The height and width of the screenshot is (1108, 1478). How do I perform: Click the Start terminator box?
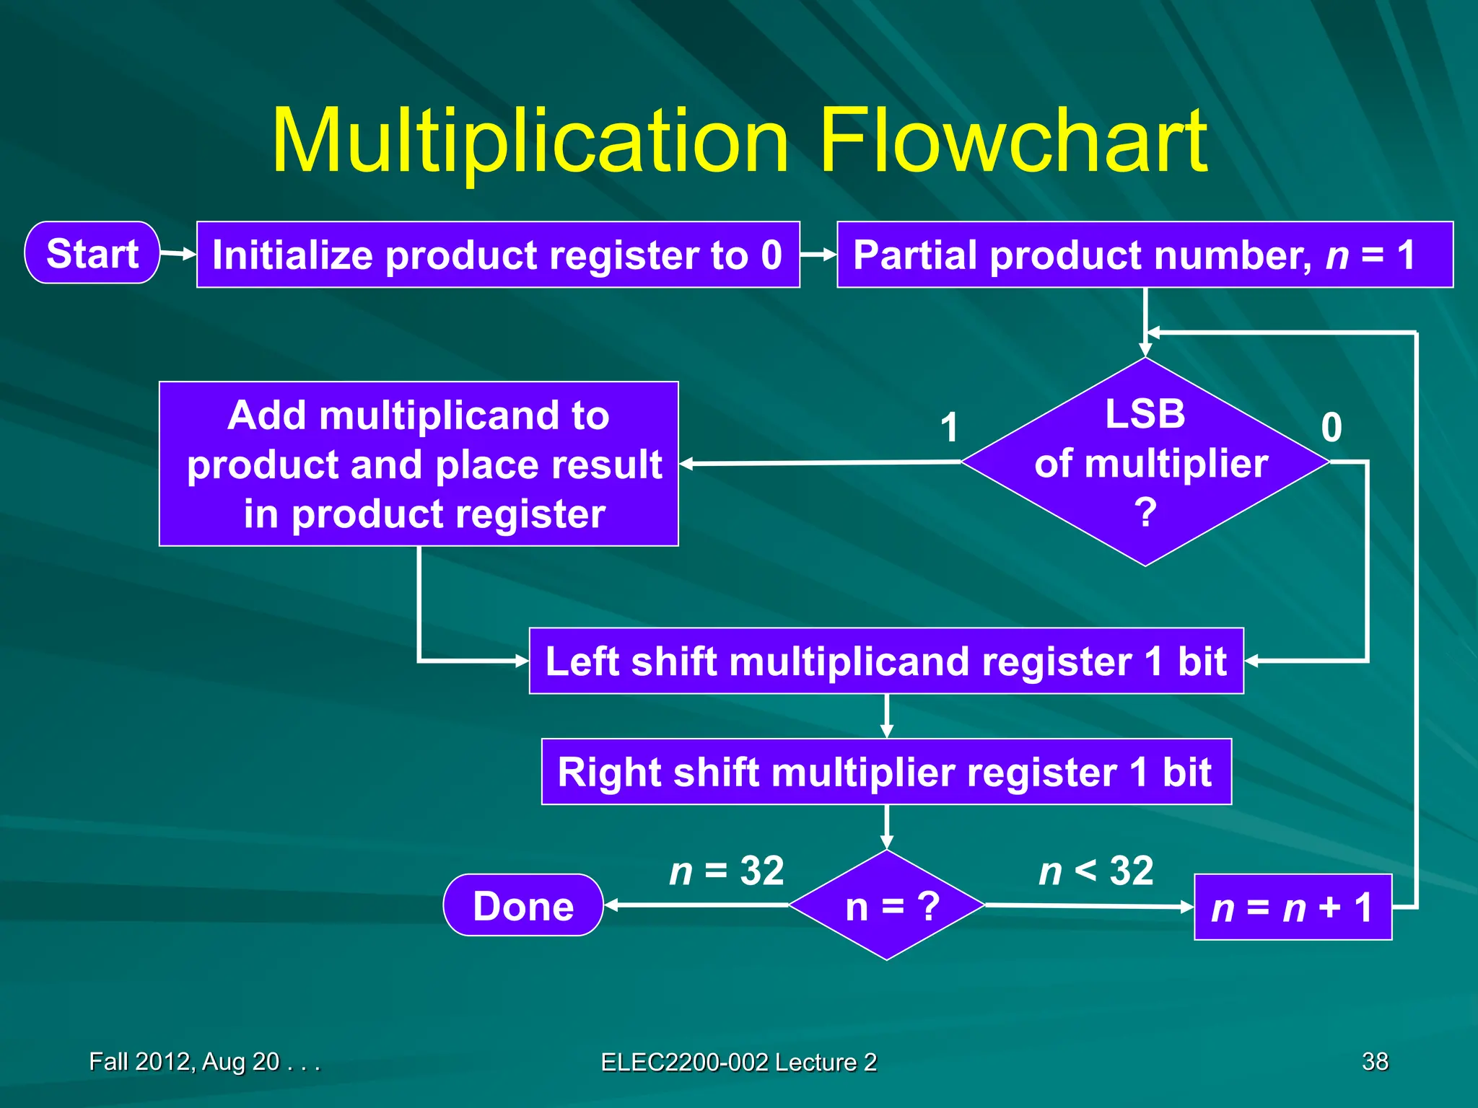pos(92,253)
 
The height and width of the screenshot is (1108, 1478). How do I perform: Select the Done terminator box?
pos(523,905)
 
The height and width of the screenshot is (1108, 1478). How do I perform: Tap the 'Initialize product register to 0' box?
pos(498,255)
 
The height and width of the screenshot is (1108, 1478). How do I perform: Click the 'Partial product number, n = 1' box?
pos(1145,255)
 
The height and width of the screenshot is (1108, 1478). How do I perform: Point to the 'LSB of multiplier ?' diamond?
pos(1145,462)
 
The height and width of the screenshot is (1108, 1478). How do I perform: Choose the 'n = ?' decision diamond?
pos(887,905)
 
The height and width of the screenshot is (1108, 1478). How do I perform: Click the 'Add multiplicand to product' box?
pos(419,464)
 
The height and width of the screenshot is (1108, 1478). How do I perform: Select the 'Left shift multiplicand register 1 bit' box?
pos(886,661)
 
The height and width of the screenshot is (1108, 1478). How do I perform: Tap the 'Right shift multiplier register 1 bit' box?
pos(886,772)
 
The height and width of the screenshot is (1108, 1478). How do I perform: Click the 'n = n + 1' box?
pos(1293,907)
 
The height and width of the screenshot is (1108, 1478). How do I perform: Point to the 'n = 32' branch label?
pos(727,871)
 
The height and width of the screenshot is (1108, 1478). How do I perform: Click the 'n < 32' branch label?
pos(1096,871)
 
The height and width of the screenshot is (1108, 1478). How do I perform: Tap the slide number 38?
pos(1375,1061)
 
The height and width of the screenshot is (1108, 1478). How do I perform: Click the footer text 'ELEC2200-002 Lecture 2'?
pos(739,1062)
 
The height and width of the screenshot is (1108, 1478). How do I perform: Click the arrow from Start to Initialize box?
pos(178,254)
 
